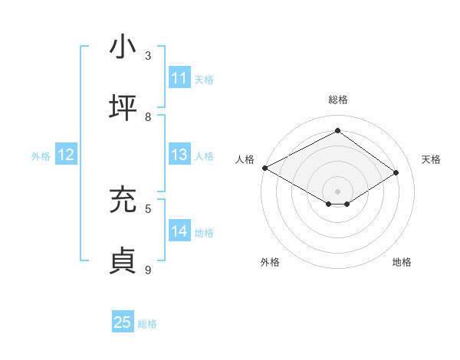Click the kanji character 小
coord(123,47)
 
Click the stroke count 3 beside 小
coord(148,56)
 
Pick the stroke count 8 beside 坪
coord(148,117)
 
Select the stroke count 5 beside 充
coord(148,208)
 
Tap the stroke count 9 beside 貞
coord(148,269)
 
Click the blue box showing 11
coord(179,78)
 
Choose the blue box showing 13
coord(179,155)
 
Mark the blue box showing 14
coord(179,231)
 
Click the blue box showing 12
coord(66,155)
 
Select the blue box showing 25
coord(123,322)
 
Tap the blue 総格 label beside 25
coord(147,324)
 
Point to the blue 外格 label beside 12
coord(41,155)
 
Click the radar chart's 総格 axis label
coord(337,100)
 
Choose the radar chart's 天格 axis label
coord(431,159)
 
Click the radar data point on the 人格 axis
coord(264,168)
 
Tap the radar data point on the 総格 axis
coord(337,131)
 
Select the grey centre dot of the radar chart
coord(337,191)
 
